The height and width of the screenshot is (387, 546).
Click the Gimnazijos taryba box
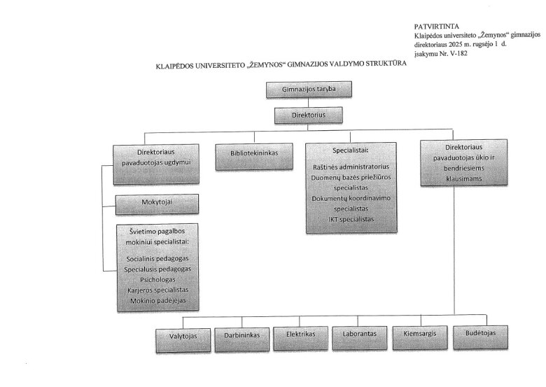(x=308, y=90)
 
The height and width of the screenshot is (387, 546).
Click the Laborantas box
(x=360, y=334)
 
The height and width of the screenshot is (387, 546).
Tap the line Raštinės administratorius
(x=351, y=168)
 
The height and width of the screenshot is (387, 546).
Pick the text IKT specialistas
(x=351, y=220)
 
